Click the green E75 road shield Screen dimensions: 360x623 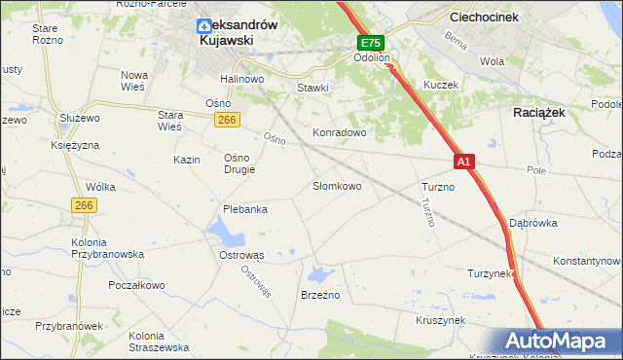click(x=370, y=43)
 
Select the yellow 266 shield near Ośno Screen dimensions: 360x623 click(x=227, y=119)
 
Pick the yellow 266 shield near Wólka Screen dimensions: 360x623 click(x=84, y=205)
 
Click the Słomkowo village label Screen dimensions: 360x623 click(x=337, y=186)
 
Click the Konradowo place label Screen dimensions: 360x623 click(x=338, y=131)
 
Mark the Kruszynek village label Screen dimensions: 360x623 click(x=441, y=319)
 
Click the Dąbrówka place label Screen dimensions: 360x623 click(x=533, y=223)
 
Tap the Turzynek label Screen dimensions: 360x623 click(x=491, y=273)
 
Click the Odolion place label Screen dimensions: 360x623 click(x=371, y=58)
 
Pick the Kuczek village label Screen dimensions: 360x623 click(x=440, y=86)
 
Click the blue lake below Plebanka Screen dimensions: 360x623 click(x=227, y=233)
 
